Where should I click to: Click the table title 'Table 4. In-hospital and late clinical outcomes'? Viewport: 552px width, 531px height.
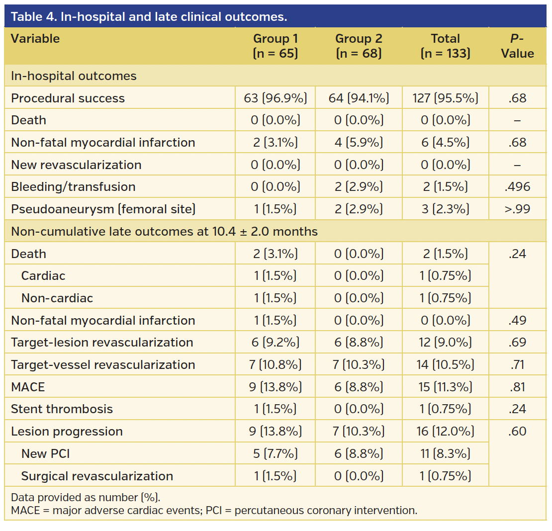149,16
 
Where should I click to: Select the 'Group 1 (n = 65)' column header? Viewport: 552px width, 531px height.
276,46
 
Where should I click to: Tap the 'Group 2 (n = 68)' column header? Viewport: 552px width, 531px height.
358,46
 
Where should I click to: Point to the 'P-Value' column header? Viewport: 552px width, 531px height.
517,46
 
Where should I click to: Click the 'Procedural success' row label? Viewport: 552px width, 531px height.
68,98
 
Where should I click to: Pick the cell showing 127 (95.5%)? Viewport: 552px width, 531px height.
445,98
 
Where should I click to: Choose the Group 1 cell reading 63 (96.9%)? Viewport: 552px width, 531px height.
276,98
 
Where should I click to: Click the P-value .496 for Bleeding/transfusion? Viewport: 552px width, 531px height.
517,187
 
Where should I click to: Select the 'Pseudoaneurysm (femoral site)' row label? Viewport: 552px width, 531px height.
103,209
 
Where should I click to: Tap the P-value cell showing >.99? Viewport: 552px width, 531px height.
517,209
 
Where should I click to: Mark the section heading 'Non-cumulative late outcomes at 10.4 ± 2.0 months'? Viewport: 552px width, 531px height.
164,232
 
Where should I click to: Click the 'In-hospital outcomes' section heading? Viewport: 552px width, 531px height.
74,76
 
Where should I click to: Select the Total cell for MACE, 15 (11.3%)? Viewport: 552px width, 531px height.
445,387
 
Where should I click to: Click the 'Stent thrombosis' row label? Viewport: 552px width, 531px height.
62,409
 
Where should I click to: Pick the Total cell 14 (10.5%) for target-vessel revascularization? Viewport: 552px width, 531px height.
445,364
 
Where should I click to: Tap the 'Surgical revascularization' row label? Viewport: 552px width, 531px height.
97,476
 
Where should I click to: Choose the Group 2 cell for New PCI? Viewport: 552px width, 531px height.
358,453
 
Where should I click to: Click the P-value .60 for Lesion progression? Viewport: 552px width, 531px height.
517,431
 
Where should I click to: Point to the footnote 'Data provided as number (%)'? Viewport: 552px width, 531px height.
86,497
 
